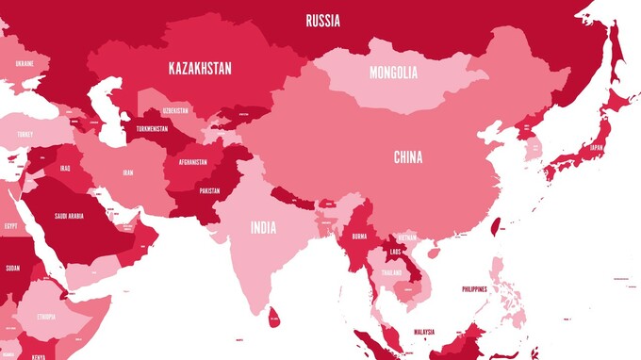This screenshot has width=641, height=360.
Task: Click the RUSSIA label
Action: click(x=322, y=20)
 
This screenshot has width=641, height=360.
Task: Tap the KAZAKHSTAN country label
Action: click(x=200, y=68)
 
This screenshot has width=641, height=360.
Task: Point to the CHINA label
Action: click(x=408, y=157)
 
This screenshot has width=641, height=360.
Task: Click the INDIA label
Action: click(x=263, y=227)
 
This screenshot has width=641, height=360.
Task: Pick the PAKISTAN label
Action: click(x=209, y=190)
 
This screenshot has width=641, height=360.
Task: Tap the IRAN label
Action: click(x=128, y=172)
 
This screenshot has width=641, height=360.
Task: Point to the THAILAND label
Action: click(x=392, y=272)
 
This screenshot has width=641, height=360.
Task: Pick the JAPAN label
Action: click(x=596, y=148)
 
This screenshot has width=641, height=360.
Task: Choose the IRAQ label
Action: click(x=65, y=168)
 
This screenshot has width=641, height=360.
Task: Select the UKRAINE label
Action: click(x=25, y=63)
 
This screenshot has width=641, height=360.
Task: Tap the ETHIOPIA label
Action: click(x=45, y=317)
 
